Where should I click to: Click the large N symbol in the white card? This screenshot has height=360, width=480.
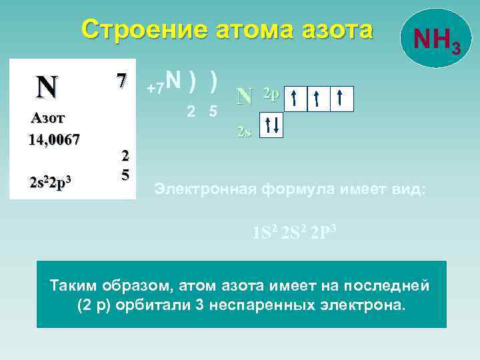tap(47, 86)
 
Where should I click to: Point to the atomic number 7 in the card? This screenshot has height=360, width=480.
tap(121, 80)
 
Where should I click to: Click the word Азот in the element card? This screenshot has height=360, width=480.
tap(47, 119)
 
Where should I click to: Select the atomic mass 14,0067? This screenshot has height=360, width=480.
tap(54, 139)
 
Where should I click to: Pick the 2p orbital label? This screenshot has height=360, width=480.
tap(270, 93)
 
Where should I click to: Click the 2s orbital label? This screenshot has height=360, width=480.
tap(244, 131)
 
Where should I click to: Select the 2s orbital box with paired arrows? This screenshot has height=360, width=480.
tap(271, 125)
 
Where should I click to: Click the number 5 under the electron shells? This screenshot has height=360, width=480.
tap(213, 111)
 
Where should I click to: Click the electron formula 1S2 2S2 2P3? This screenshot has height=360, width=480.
tap(294, 233)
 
